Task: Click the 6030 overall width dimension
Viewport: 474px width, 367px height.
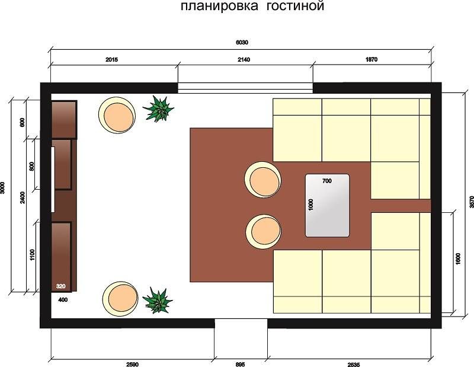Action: (242, 42)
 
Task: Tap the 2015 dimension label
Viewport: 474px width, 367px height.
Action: (111, 60)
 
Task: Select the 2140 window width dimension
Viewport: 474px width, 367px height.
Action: (244, 60)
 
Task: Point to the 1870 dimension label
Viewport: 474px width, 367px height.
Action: (371, 60)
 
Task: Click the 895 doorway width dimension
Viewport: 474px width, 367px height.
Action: (240, 364)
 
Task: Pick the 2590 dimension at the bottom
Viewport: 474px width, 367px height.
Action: (132, 364)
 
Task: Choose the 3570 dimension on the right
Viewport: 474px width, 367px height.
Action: (472, 202)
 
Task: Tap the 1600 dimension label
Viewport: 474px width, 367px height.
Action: (457, 259)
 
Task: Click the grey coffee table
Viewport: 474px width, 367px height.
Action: (328, 205)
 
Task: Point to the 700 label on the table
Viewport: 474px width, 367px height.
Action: (327, 181)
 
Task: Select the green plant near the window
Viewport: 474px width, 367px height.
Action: (158, 109)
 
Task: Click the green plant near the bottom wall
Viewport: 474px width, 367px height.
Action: (158, 300)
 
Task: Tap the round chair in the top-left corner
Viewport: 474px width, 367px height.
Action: (117, 114)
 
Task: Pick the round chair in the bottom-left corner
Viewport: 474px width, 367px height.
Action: (120, 299)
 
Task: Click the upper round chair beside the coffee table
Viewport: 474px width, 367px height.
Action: (262, 180)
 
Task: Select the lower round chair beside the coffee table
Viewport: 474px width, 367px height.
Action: (263, 232)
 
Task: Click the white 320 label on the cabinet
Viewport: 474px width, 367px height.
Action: (61, 286)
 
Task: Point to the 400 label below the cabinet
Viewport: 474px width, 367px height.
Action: (63, 300)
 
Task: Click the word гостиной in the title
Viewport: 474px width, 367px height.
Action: (295, 6)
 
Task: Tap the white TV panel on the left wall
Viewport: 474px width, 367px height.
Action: (53, 180)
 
